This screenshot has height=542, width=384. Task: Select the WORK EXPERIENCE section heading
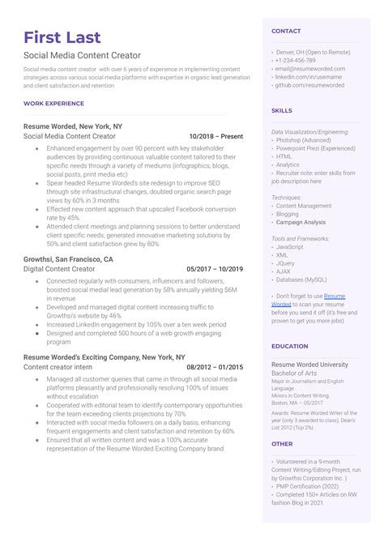53,103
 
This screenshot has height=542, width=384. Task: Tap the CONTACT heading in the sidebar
286,31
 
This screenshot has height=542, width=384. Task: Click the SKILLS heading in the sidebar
282,110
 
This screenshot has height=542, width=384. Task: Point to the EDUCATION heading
290,346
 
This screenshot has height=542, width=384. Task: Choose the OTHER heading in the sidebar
282,444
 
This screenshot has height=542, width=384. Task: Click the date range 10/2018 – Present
215,137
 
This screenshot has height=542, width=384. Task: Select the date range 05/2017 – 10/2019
215,268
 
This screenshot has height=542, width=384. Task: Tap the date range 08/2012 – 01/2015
215,367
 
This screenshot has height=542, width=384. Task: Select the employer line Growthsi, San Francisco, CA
69,258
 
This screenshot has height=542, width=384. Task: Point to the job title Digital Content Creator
62,268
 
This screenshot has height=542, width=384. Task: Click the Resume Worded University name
312,364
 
